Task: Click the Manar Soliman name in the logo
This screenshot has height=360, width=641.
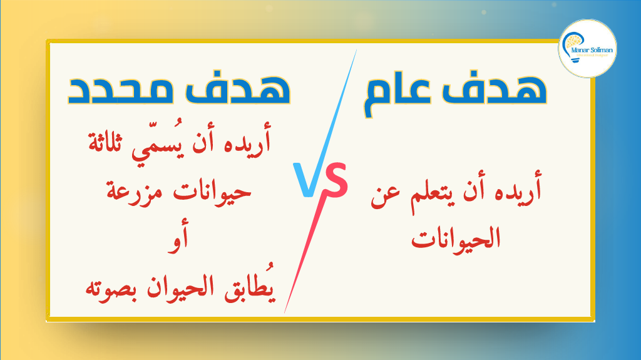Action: point(592,50)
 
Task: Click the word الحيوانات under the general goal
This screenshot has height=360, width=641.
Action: point(456,239)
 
